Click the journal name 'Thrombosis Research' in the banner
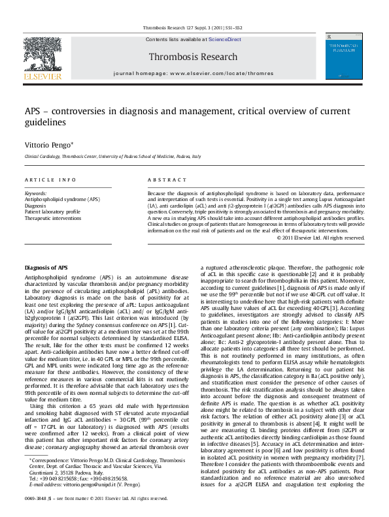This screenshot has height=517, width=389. [193, 56]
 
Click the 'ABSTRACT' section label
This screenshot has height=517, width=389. [167, 180]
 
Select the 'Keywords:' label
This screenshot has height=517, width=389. [35, 193]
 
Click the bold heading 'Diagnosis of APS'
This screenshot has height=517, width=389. [46, 268]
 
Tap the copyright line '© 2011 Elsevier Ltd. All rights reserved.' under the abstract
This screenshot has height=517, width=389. [320, 238]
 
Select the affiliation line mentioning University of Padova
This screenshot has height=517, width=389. [113, 157]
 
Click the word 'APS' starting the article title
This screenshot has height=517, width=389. [34, 112]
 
